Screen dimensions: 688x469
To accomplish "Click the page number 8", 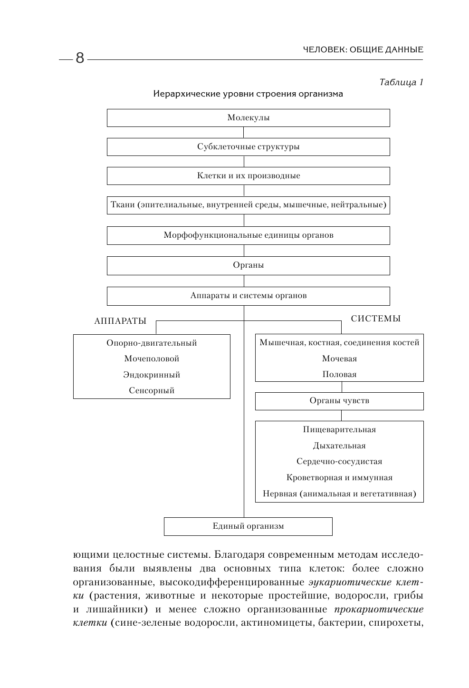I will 79,58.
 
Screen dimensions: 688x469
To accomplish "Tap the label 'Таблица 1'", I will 401,82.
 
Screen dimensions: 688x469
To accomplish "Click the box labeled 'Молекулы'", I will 248,118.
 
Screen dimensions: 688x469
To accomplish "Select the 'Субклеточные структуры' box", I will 248,147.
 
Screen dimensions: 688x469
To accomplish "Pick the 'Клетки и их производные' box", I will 248,176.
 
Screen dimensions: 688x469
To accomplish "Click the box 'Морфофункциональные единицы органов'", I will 248,235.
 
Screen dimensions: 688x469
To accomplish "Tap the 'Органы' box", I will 248,265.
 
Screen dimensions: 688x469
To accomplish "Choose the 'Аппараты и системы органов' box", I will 248,296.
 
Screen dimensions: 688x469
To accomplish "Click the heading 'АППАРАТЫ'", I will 120,321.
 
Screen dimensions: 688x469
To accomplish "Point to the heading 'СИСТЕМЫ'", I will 375,319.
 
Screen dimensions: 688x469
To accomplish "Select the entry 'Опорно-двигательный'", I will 152,343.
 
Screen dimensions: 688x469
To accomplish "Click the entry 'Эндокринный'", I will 152,375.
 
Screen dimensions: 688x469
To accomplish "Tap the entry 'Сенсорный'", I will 152,390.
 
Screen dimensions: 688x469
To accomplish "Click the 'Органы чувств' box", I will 339,401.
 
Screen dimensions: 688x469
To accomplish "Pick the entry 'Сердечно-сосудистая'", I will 339,461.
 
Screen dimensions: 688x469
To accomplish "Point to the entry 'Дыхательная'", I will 339,446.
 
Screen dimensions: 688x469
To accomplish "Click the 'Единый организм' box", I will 248,526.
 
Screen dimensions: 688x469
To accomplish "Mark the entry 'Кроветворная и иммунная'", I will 339,477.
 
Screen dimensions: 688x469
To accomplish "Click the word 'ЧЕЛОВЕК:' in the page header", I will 321,49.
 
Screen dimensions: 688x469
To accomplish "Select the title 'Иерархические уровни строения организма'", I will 248,94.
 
